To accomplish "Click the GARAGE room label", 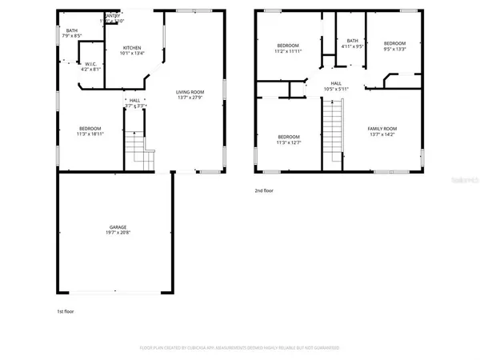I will click(x=118, y=227).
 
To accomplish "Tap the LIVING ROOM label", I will click(x=191, y=92).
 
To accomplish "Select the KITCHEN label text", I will click(x=132, y=49).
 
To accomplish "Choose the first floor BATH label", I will click(x=72, y=30).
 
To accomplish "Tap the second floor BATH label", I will click(x=352, y=42).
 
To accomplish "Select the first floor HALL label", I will click(x=134, y=100).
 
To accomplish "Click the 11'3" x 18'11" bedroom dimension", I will click(x=90, y=134).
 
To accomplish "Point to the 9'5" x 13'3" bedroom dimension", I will click(x=394, y=48).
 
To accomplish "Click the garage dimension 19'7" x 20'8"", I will click(x=118, y=233).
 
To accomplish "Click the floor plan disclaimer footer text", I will click(x=240, y=348).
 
